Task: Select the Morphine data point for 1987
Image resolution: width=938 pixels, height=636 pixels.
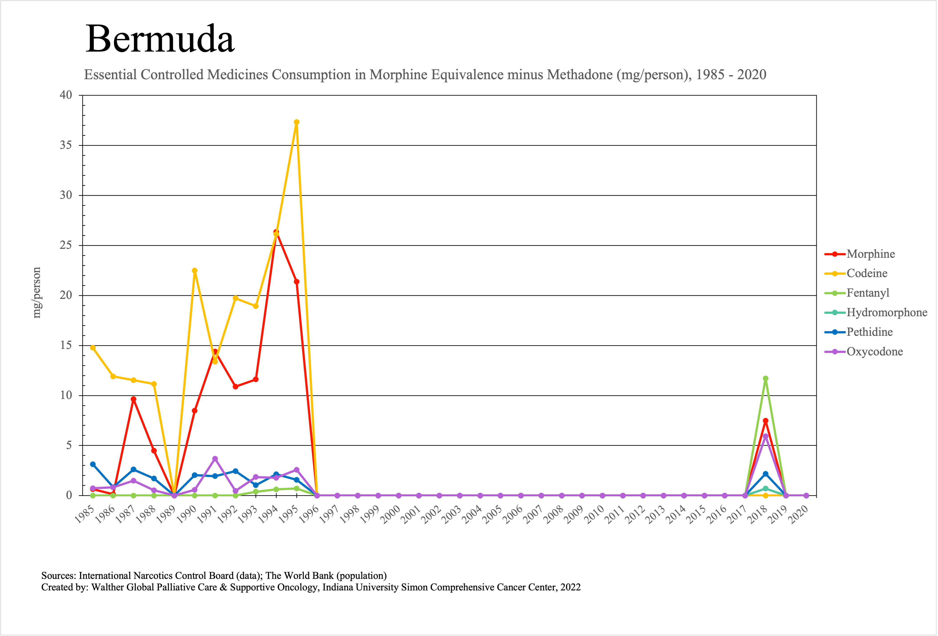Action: click(x=134, y=399)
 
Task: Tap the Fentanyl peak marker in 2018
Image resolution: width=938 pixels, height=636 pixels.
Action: click(x=766, y=378)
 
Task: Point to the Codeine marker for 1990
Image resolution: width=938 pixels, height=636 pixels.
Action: click(x=194, y=271)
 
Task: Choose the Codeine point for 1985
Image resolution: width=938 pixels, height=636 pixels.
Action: click(x=93, y=348)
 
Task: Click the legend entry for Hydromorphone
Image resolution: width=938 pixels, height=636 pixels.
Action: click(x=887, y=312)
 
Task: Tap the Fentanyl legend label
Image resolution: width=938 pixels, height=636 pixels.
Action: click(x=868, y=293)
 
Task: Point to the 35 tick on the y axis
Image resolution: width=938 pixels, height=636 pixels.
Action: click(x=66, y=145)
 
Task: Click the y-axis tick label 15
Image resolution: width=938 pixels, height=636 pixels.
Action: click(x=66, y=346)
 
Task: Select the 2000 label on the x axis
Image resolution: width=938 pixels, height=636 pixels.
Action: click(x=391, y=514)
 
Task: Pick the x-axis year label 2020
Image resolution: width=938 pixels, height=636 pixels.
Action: click(x=798, y=514)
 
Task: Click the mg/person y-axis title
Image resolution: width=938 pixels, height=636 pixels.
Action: click(x=37, y=293)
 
